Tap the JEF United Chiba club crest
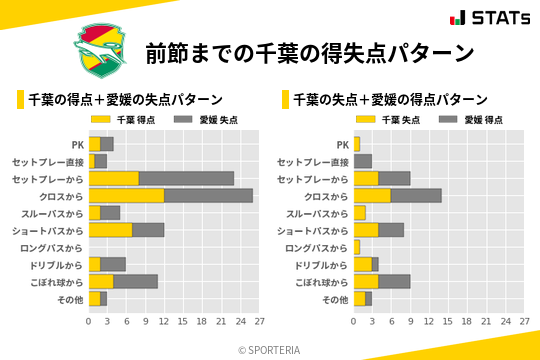(101, 50)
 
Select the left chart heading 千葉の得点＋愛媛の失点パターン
(125, 100)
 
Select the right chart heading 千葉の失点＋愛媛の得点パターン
(390, 100)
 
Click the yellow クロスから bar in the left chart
(126, 196)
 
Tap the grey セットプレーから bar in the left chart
(186, 178)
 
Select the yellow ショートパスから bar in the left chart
(110, 230)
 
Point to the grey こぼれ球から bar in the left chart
(136, 281)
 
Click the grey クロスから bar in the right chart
(416, 196)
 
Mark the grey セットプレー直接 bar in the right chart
(362, 161)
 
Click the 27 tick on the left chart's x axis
(258, 321)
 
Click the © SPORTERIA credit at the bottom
(270, 349)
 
